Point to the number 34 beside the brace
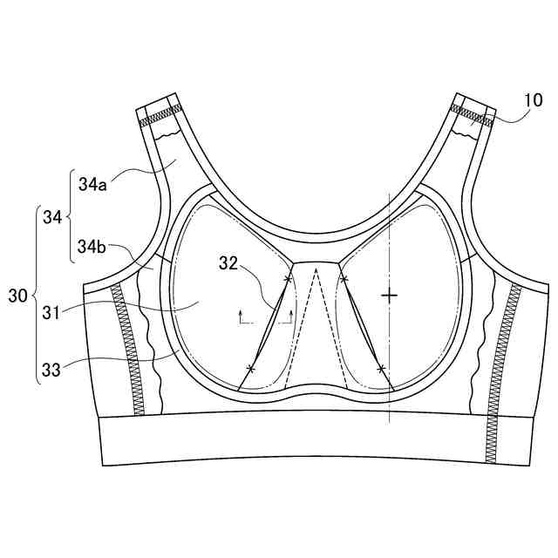pyautogui.click(x=51, y=217)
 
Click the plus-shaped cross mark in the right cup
pyautogui.click(x=389, y=296)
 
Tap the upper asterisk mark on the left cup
pyautogui.click(x=288, y=279)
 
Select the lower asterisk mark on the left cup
pyautogui.click(x=251, y=369)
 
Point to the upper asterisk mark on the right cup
pyautogui.click(x=344, y=279)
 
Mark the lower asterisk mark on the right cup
pyautogui.click(x=381, y=369)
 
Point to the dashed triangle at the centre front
pyautogui.click(x=316, y=331)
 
